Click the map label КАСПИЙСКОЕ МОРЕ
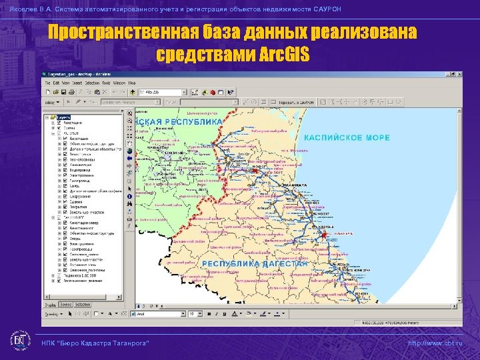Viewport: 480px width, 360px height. [347, 138]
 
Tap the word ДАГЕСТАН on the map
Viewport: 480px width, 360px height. [281, 264]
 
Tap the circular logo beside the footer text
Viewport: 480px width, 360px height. [22, 341]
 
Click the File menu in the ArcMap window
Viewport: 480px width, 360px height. [47, 83]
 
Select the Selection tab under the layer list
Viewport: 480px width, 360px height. [83, 305]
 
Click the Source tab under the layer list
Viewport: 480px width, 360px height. [66, 305]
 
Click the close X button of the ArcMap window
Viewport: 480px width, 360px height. [457, 74]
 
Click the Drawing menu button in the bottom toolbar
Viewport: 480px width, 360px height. [51, 313]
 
